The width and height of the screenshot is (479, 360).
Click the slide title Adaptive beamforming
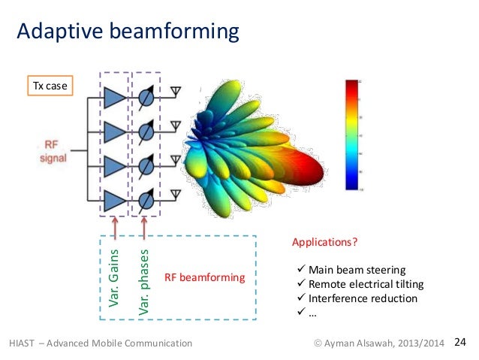click(x=128, y=32)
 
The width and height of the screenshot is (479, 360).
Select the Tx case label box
click(x=49, y=86)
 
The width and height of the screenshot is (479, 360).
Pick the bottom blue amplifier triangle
click(x=115, y=201)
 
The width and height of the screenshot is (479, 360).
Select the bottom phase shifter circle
click(x=147, y=201)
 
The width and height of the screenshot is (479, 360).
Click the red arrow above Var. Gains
click(x=115, y=226)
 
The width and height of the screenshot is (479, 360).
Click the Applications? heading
click(x=324, y=244)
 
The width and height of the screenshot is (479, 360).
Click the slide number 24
click(x=460, y=343)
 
